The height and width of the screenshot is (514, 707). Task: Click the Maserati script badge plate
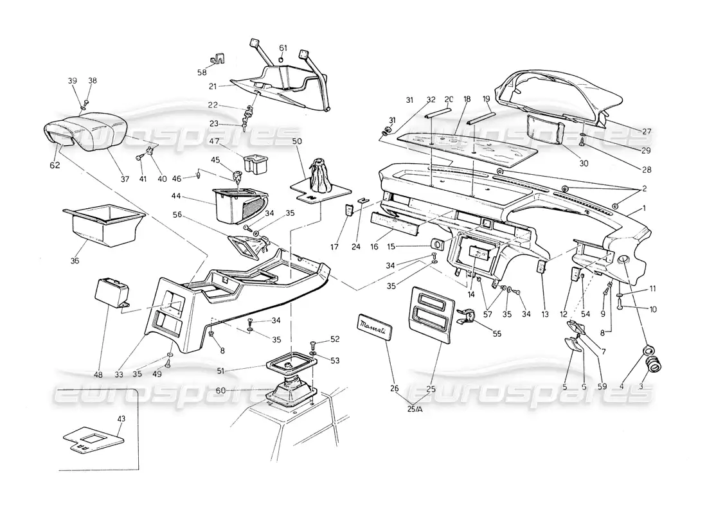pyautogui.click(x=373, y=324)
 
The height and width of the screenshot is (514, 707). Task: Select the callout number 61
pyautogui.click(x=283, y=48)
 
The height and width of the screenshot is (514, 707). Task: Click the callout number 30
pyautogui.click(x=584, y=163)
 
